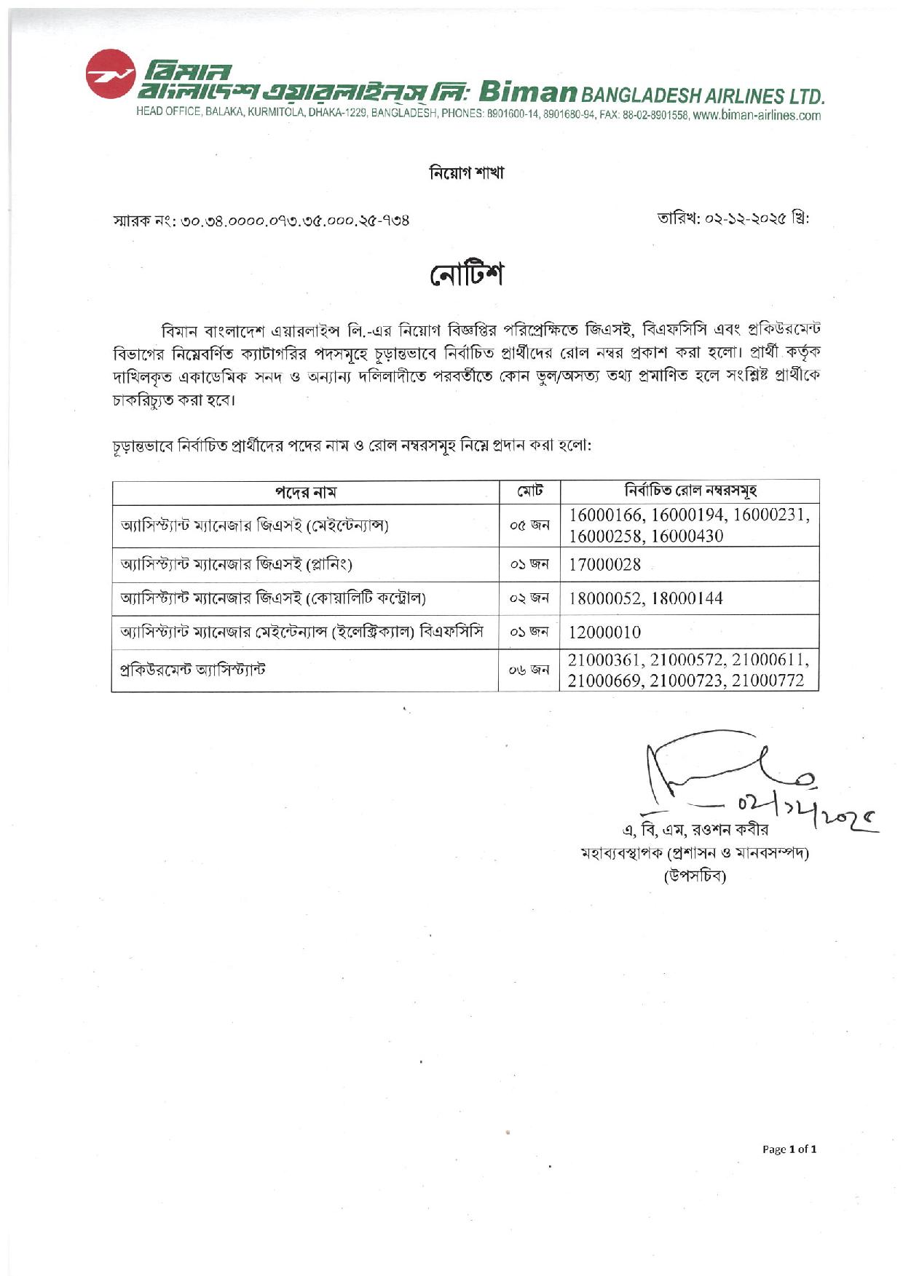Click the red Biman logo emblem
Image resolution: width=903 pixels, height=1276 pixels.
point(110,74)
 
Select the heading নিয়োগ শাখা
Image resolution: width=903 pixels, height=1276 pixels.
point(466,173)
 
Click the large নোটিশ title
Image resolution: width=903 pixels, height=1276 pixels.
point(466,274)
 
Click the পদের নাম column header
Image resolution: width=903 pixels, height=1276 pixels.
point(305,492)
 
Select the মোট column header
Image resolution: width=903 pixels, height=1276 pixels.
point(529,491)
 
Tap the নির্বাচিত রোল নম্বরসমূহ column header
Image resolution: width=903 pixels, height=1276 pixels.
point(690,491)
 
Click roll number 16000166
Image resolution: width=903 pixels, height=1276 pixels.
point(606,515)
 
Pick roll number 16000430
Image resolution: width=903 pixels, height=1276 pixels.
point(687,536)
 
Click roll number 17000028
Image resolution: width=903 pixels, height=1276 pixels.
point(604,564)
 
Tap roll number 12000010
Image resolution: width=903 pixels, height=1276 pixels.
point(604,632)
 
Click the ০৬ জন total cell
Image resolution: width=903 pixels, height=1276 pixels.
point(529,670)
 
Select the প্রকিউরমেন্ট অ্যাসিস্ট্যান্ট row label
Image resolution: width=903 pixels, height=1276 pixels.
point(193,670)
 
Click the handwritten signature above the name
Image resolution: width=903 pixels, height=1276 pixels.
point(728,775)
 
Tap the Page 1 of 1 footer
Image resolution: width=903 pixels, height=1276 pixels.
point(789,1149)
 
